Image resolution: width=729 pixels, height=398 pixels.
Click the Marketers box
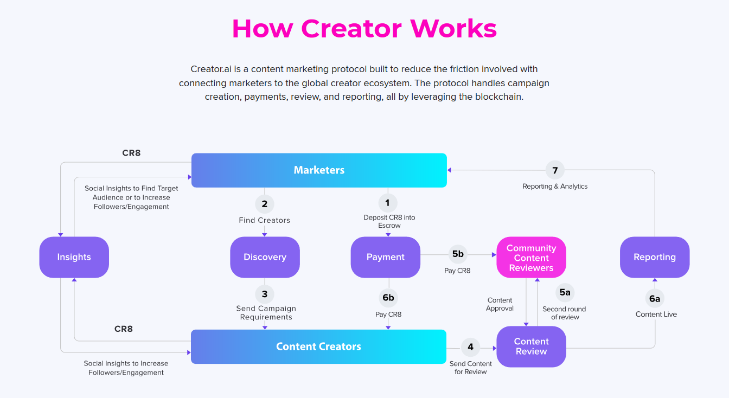tap(319, 170)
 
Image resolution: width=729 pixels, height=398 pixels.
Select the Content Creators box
tap(318, 346)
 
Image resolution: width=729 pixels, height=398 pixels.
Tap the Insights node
tap(74, 257)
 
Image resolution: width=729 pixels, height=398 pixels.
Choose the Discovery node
tap(265, 257)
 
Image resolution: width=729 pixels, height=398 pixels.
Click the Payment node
tap(386, 257)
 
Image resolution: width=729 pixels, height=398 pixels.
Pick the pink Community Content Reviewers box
tap(531, 258)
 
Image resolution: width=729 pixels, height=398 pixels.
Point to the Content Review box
tap(531, 346)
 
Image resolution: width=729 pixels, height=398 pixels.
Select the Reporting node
tap(655, 257)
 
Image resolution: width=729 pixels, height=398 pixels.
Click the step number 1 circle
tap(387, 203)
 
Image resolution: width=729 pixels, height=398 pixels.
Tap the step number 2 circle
tap(265, 204)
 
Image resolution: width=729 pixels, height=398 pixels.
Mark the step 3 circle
tap(265, 294)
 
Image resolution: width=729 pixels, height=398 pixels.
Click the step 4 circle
tap(470, 347)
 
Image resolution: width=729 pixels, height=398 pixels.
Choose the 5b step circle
tap(458, 254)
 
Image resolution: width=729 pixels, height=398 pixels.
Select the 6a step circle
tap(655, 298)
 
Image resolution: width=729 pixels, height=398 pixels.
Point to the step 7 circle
tap(555, 170)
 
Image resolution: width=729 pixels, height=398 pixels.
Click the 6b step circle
tap(388, 298)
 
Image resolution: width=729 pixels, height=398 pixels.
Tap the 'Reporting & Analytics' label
tap(555, 187)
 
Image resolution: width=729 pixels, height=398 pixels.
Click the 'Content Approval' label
tap(500, 304)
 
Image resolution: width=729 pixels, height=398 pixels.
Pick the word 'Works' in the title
tap(453, 28)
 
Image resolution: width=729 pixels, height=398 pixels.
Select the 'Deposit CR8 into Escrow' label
tap(389, 221)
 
